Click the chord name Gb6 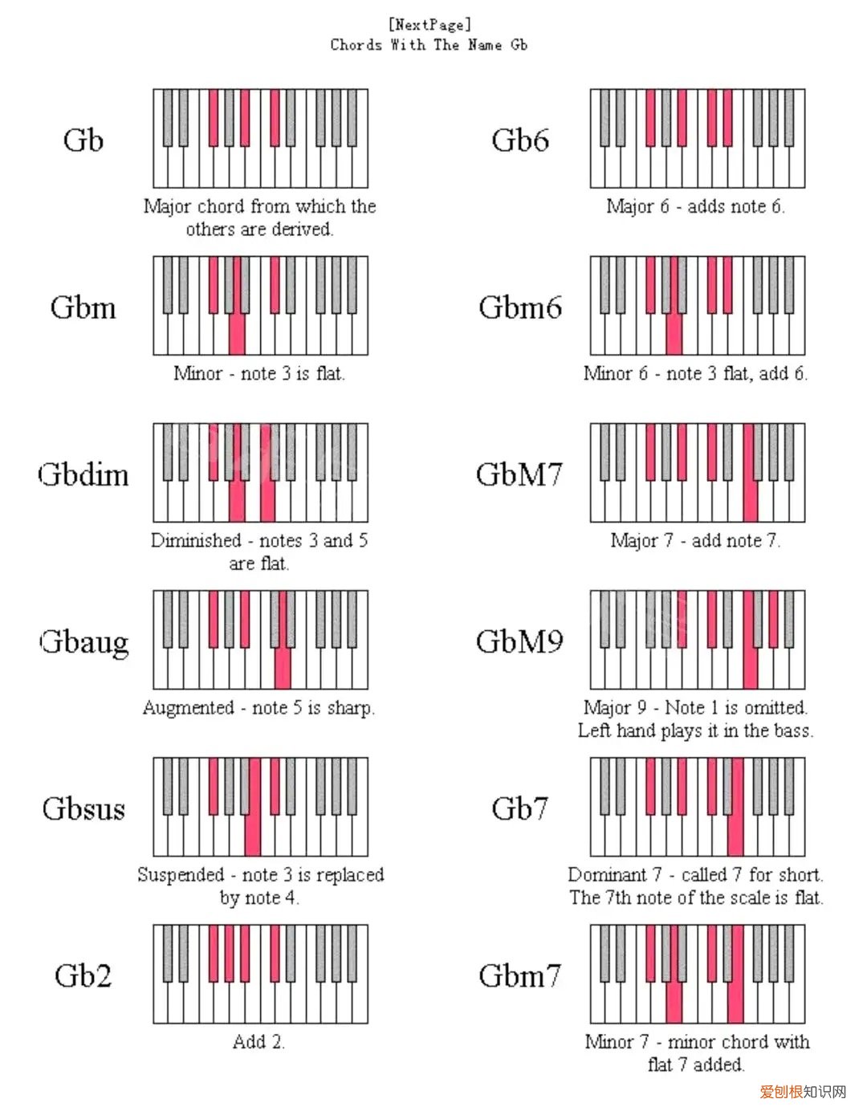click(x=520, y=140)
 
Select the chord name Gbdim click(x=83, y=474)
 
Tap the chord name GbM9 click(x=519, y=641)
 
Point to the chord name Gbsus click(x=83, y=808)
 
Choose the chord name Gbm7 click(x=519, y=975)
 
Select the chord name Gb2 click(x=83, y=975)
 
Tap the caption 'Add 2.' click(x=258, y=1042)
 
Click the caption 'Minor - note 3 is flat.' click(x=258, y=373)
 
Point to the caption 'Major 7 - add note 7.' click(x=695, y=540)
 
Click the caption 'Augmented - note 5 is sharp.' click(x=258, y=708)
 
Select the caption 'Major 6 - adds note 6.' click(x=695, y=206)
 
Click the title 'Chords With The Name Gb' click(x=429, y=45)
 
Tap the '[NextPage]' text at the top click(x=429, y=25)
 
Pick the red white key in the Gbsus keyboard click(x=253, y=835)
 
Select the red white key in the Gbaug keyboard click(x=283, y=670)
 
